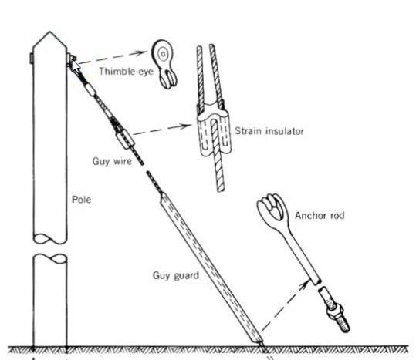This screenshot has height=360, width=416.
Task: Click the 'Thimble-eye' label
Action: (126, 71)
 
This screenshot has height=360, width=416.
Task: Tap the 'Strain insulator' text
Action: (269, 131)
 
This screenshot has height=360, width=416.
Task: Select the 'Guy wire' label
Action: (112, 161)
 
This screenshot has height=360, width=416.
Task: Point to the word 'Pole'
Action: (82, 200)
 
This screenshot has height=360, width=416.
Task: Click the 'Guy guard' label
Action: (176, 275)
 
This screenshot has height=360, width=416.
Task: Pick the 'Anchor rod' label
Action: (320, 215)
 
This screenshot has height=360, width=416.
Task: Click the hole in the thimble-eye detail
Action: (163, 54)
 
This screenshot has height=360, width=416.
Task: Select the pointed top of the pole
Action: (49, 32)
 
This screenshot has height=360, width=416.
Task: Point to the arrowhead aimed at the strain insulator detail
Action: (186, 126)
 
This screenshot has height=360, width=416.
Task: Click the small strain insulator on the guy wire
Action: (125, 140)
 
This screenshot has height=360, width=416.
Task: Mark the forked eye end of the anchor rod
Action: (272, 209)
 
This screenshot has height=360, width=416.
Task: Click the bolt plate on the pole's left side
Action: (32, 59)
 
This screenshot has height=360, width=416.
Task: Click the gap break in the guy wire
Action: (145, 168)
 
